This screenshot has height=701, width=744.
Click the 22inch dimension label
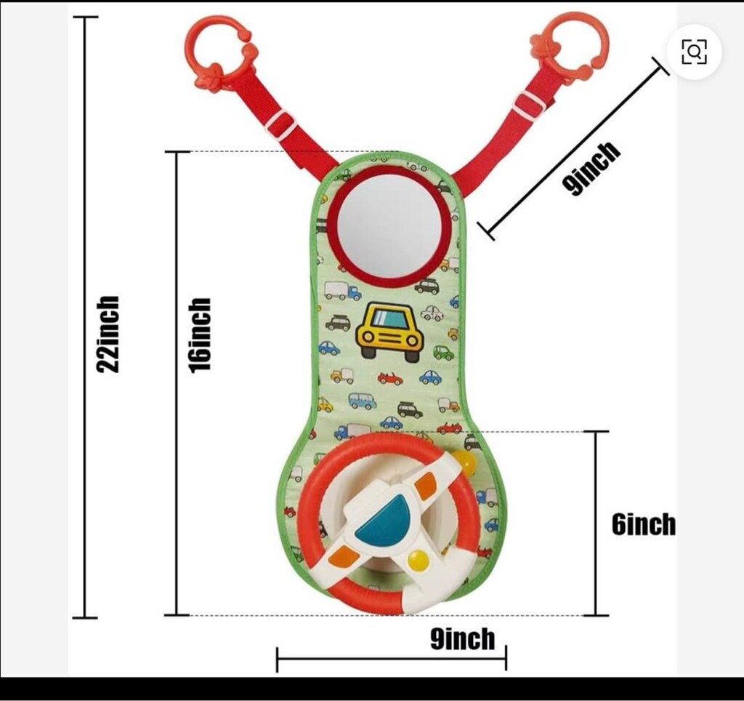(x=108, y=335)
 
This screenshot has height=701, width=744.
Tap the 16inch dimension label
(x=200, y=335)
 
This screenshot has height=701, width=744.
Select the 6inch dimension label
(x=644, y=524)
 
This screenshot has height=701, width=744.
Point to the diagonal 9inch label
(x=590, y=168)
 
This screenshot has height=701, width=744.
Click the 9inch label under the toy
(x=462, y=638)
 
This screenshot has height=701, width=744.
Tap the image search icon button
(x=694, y=52)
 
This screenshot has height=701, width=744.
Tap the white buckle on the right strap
(x=528, y=105)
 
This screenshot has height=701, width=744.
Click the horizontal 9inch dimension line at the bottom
(x=392, y=659)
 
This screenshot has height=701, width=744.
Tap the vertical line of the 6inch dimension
(x=596, y=524)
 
